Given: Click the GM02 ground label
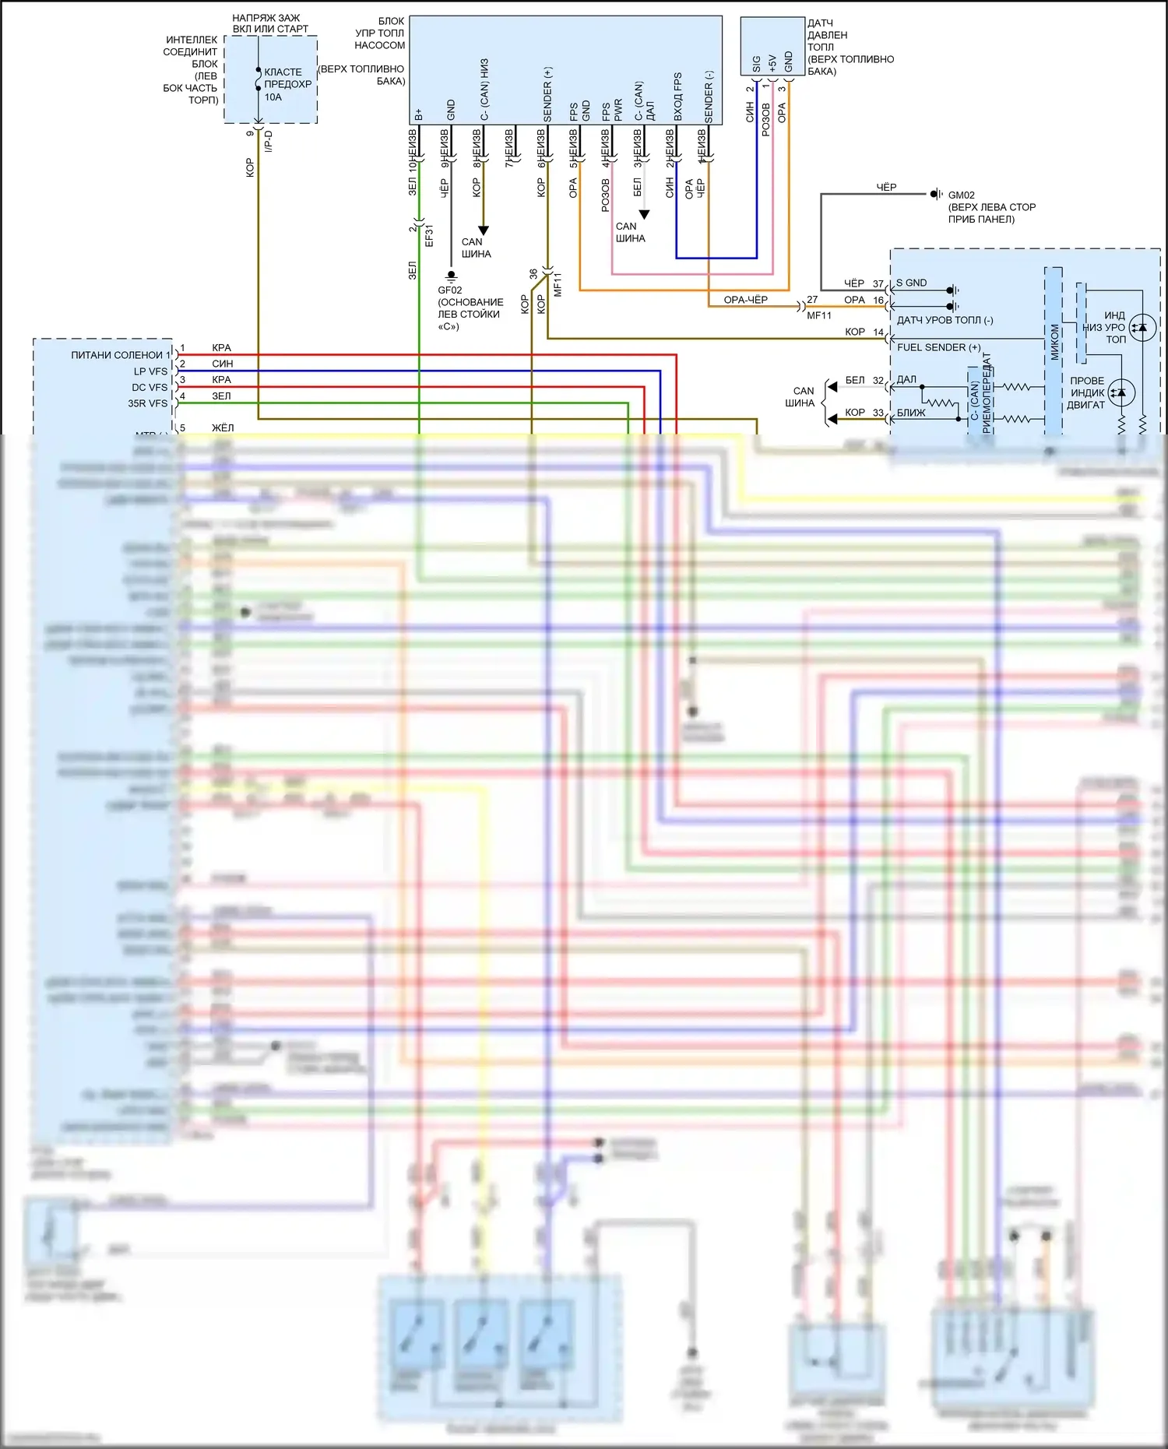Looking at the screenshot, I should (961, 195).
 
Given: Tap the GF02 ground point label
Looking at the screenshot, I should (450, 290).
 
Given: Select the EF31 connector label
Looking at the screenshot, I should (429, 236).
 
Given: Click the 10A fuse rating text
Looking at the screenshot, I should (273, 97).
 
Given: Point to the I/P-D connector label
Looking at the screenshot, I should (269, 141).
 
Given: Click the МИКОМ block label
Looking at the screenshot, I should (1055, 343).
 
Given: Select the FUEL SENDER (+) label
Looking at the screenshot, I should (938, 347).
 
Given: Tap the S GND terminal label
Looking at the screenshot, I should (911, 283).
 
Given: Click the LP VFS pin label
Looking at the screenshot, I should (150, 371).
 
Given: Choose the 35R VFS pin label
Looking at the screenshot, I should (147, 403).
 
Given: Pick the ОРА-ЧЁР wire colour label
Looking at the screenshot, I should (745, 300).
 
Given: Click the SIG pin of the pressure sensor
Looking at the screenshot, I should (756, 62).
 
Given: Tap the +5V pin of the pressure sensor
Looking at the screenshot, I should (772, 62).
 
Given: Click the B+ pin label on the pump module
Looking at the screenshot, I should (419, 114).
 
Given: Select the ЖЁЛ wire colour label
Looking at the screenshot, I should (223, 428).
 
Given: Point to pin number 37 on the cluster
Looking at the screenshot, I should (878, 284).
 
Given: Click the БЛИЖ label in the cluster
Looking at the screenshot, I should (911, 413).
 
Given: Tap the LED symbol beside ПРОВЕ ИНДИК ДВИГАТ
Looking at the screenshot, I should (1121, 392).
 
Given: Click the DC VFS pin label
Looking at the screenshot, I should (150, 388).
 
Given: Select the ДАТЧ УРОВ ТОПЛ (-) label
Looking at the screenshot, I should (945, 320).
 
